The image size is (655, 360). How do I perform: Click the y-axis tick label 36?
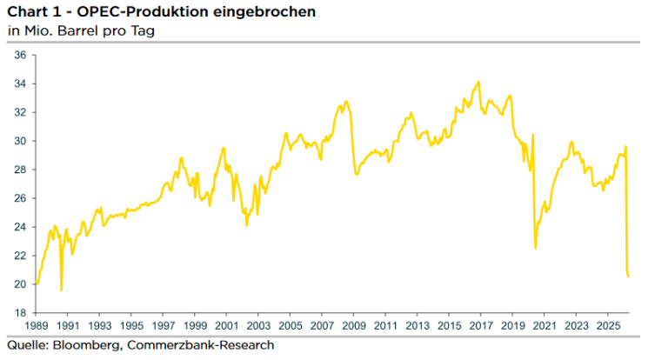coord(20,55)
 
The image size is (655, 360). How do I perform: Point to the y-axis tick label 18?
coord(20,313)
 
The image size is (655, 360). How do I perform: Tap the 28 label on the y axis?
coord(20,170)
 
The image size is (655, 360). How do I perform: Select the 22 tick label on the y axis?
coord(20,256)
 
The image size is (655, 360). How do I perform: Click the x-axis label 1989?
coord(37,326)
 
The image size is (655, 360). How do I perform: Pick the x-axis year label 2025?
coord(608,326)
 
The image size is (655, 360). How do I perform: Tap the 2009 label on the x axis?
coord(354,326)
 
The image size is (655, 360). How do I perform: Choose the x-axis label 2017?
coord(481,326)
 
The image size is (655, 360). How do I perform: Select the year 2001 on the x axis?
coord(227,326)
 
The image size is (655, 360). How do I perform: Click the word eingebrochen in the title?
coord(264,11)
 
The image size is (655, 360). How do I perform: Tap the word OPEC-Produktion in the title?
coord(143,11)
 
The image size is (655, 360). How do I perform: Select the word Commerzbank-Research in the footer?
coord(201,345)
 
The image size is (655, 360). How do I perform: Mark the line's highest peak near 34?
coord(478,82)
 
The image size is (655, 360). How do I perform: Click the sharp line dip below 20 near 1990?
coord(62,290)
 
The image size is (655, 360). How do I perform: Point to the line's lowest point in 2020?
coord(536,248)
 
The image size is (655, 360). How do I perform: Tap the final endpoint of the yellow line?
coord(628,276)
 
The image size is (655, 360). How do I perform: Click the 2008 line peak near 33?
coord(346,101)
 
